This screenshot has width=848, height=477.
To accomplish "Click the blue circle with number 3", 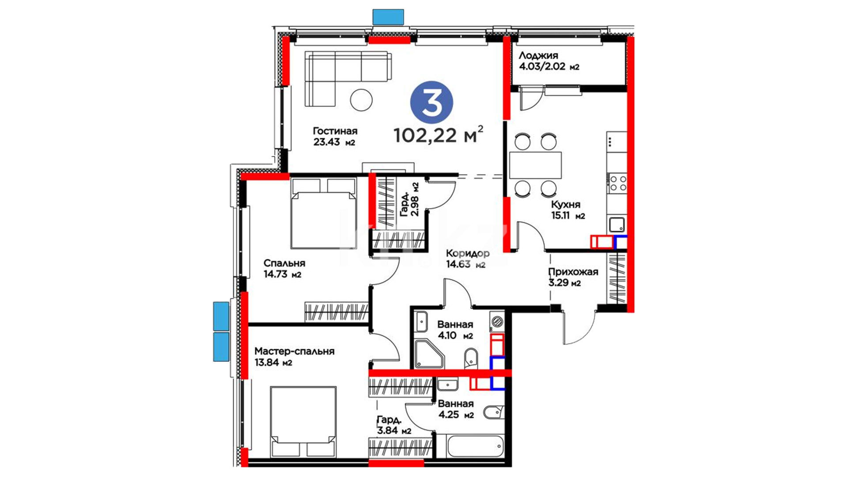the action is [x=432, y=102].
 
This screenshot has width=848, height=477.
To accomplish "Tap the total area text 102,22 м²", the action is [x=438, y=135].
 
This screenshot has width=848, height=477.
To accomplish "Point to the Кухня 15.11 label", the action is [x=568, y=210].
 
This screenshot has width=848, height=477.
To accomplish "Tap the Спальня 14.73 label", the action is [x=284, y=269].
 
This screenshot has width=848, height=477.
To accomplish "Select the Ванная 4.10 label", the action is [x=455, y=330].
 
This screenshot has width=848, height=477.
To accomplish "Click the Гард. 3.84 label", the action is [x=394, y=425].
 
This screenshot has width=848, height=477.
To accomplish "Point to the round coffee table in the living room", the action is [x=361, y=100].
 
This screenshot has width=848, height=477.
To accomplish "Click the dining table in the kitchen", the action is [x=535, y=165].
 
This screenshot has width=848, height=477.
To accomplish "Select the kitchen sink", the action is [x=617, y=225].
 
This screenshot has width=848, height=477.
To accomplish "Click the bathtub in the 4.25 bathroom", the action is [x=475, y=447].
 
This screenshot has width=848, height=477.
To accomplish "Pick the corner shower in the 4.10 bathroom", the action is [x=428, y=354].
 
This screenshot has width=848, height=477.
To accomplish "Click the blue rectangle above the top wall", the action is [x=388, y=17].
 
